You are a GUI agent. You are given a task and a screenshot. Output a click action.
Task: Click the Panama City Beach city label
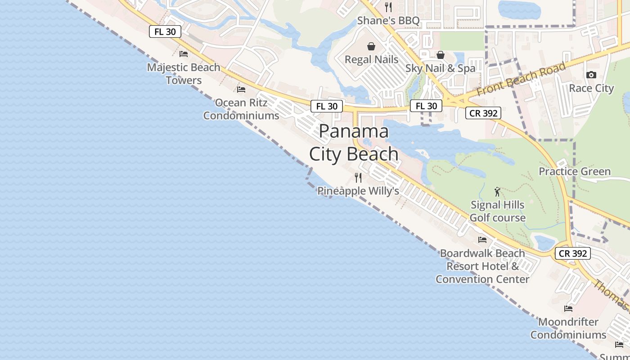354,143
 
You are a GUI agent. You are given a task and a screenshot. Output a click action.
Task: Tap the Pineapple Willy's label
358,191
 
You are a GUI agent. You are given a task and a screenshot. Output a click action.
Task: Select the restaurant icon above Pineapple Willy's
358,178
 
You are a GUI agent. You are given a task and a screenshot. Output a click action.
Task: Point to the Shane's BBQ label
388,21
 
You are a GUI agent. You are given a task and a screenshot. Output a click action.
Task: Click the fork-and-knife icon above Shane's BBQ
389,7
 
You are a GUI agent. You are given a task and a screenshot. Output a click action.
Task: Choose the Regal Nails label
372,59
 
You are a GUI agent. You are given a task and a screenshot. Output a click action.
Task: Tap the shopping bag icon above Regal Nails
371,46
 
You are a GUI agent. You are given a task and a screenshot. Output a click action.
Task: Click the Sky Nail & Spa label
441,68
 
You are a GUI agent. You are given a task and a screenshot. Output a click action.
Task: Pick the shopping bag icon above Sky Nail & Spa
441,55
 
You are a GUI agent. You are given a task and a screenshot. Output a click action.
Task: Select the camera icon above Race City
591,75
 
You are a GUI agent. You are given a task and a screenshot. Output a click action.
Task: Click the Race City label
591,88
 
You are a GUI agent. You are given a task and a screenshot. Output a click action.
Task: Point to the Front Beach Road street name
521,79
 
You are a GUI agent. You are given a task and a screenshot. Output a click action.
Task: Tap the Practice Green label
575,171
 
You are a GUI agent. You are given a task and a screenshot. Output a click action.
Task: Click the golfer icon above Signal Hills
497,192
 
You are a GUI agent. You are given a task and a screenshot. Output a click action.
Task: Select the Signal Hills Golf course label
497,211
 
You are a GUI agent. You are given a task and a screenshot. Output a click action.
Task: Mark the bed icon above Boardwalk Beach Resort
482,240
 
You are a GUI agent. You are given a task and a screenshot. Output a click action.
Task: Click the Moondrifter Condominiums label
568,328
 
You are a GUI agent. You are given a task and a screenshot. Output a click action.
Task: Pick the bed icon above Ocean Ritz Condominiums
241,90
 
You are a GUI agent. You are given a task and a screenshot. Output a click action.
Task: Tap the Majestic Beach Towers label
184,74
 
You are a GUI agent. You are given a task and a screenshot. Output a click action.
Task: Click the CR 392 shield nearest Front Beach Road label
483,113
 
